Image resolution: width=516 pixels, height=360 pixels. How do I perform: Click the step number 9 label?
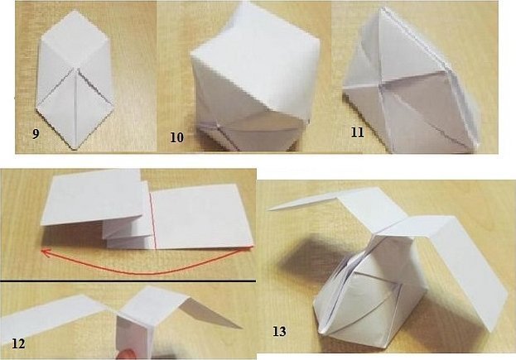(x=36, y=134)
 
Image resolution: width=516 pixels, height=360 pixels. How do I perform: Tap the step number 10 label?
(x=176, y=137)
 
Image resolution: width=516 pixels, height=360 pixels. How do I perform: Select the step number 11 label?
(x=357, y=132)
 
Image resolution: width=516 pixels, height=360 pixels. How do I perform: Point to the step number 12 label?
(x=18, y=344)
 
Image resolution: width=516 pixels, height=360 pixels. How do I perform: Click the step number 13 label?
(x=279, y=331)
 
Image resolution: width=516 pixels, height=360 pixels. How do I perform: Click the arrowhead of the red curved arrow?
(x=45, y=252)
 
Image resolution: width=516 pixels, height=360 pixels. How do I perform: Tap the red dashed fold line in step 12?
(x=152, y=219)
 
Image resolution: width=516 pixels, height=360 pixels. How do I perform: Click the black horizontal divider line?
(x=128, y=281)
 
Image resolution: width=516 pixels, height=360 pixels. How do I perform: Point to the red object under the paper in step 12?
(x=127, y=355)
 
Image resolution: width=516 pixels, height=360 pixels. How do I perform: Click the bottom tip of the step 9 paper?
(x=75, y=150)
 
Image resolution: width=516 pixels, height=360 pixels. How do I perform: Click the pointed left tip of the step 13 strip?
(x=268, y=209)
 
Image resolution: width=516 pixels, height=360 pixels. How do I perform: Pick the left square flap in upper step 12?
(x=94, y=197)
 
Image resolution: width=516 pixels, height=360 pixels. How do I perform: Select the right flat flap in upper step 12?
(x=203, y=217)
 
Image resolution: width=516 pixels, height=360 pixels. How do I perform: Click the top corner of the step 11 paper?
(x=382, y=8)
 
